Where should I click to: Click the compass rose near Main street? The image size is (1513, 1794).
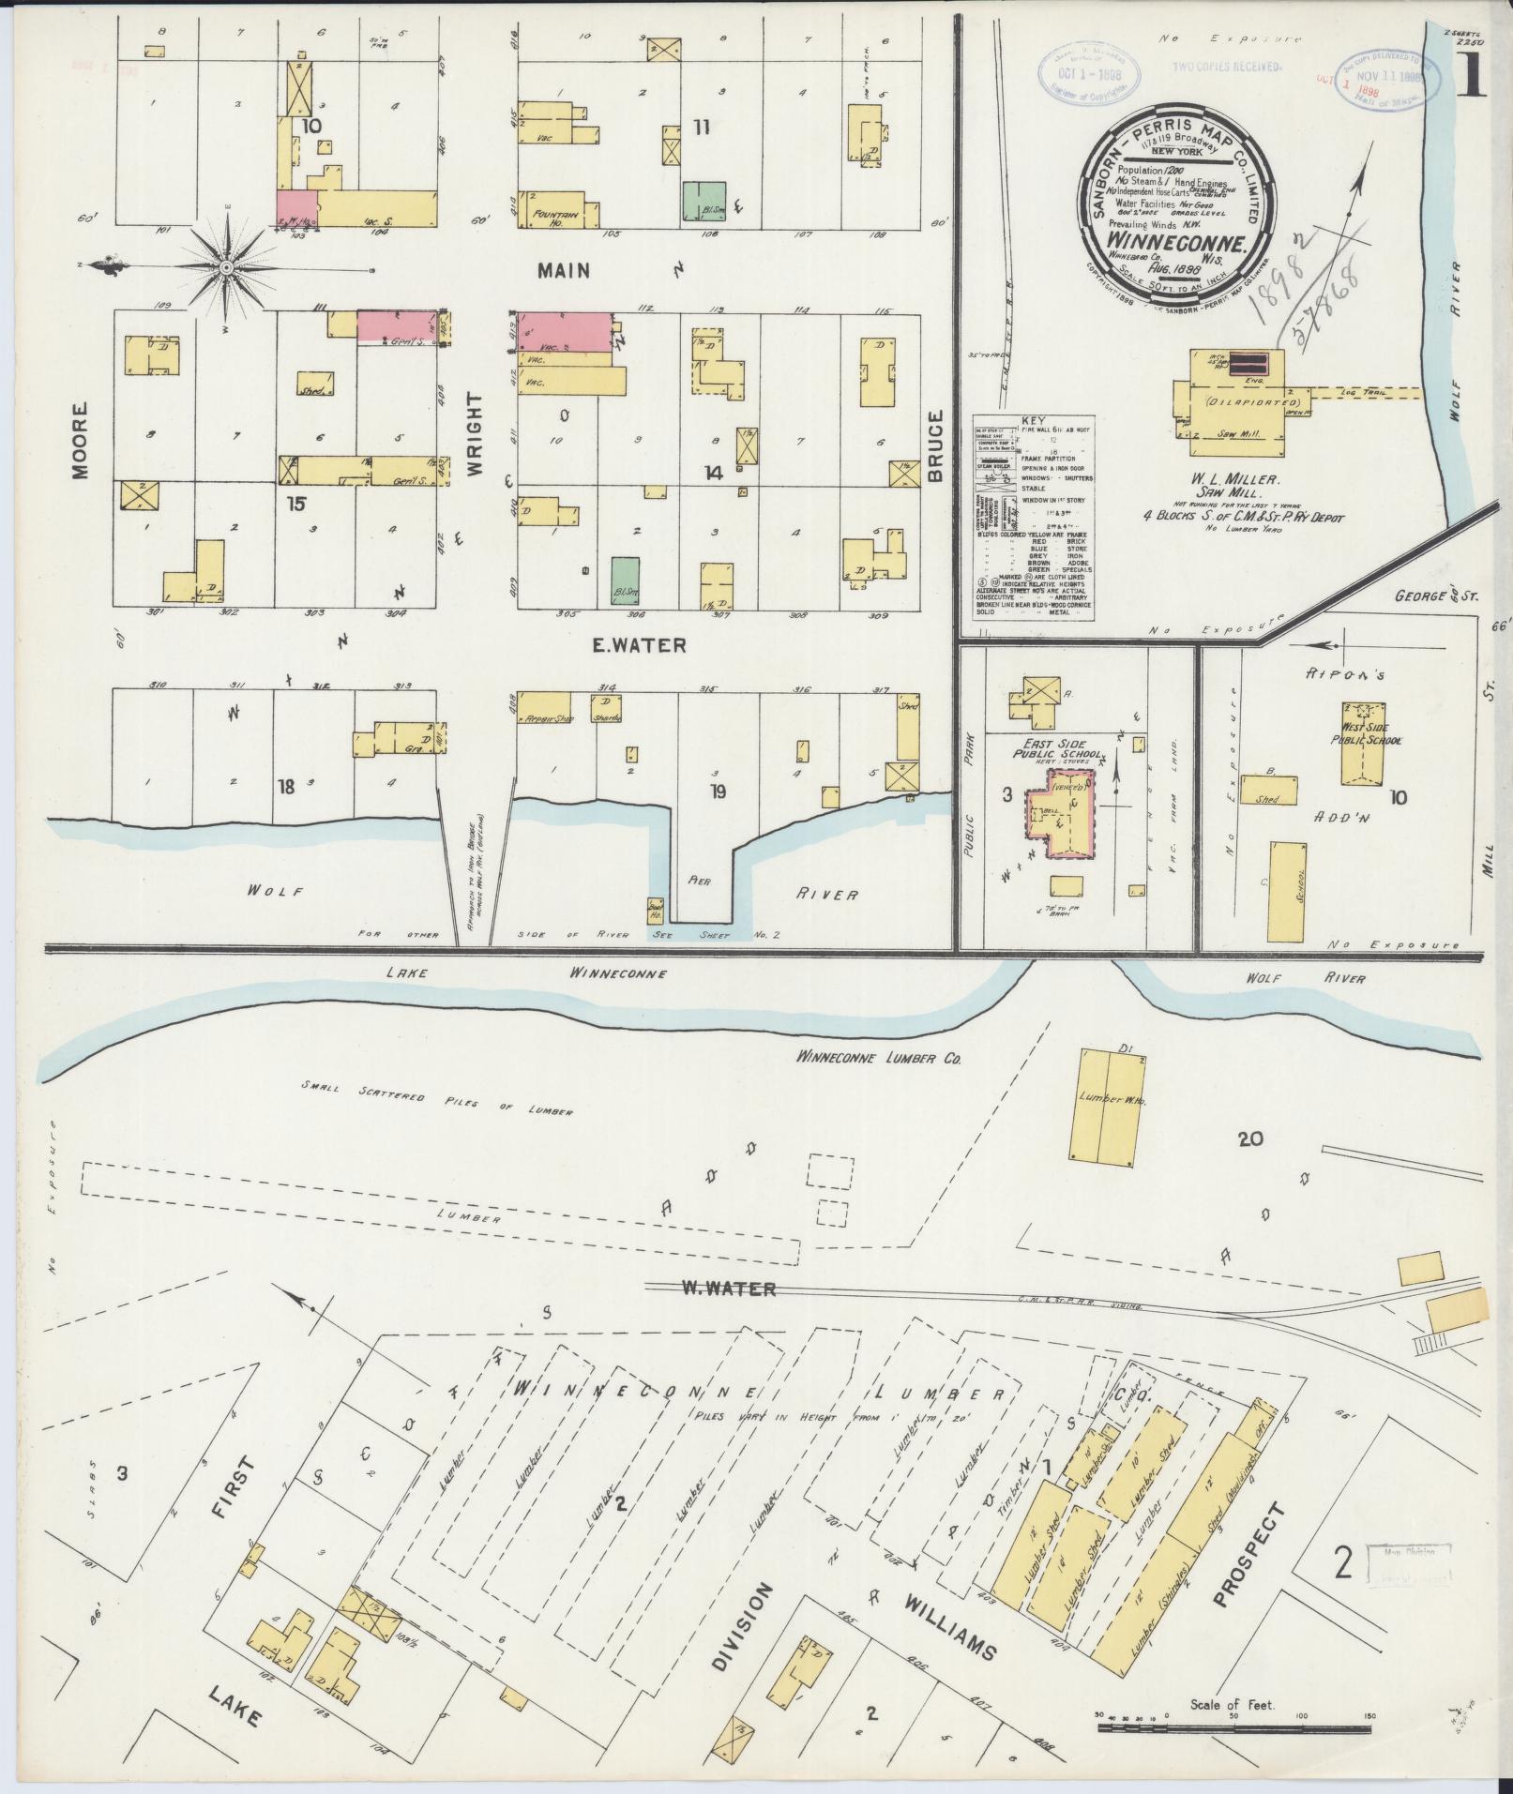click(227, 267)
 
